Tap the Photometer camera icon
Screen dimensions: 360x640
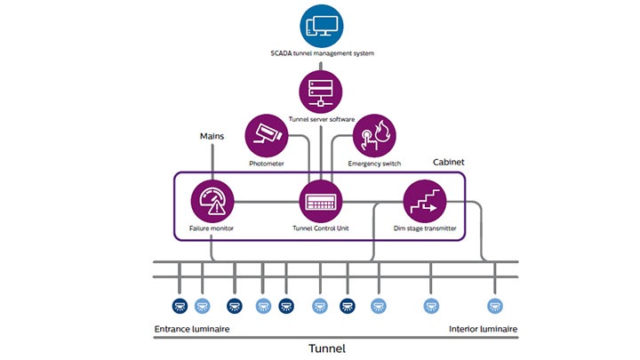(x=266, y=135)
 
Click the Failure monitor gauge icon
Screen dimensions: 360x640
(x=212, y=202)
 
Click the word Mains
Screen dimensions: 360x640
(x=212, y=137)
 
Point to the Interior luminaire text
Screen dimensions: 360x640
(x=484, y=329)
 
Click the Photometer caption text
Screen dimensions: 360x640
(x=266, y=164)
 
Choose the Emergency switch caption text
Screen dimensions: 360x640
(x=375, y=164)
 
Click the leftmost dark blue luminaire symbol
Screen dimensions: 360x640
(x=179, y=306)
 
